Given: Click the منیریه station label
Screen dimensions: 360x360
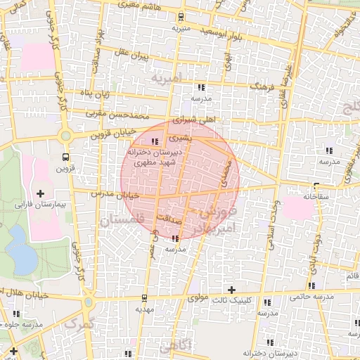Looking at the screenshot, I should coord(181,29).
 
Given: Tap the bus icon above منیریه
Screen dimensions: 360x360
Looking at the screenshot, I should coord(181,17).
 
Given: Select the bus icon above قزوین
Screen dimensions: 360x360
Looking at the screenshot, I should coord(65,156).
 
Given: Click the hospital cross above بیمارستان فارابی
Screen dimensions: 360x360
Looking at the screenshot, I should coord(39,193).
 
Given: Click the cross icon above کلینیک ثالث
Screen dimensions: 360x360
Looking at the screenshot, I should coord(231,290).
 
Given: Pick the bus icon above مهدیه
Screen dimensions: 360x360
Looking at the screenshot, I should coord(145,297).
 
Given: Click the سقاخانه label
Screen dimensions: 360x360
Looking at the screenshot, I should coord(317,198).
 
